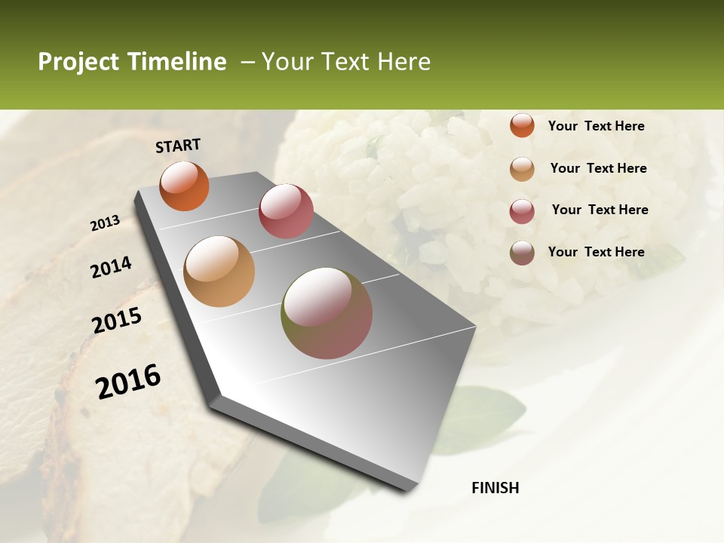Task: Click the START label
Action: click(178, 146)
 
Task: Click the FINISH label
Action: click(495, 488)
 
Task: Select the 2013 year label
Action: click(105, 223)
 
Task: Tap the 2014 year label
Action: click(111, 268)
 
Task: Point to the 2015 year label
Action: click(117, 321)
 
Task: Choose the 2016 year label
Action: click(128, 382)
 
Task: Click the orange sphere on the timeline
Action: click(185, 186)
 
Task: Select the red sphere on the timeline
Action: click(286, 211)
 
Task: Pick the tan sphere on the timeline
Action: click(219, 271)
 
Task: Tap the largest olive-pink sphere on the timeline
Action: click(327, 313)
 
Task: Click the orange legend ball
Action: click(522, 126)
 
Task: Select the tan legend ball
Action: click(522, 169)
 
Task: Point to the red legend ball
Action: click(522, 211)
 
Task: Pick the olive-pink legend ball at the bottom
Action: click(522, 253)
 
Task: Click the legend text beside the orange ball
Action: click(596, 126)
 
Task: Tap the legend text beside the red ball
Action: click(600, 210)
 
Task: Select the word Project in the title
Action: click(79, 62)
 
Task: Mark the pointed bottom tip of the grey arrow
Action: click(411, 488)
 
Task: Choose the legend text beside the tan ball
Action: click(598, 168)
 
